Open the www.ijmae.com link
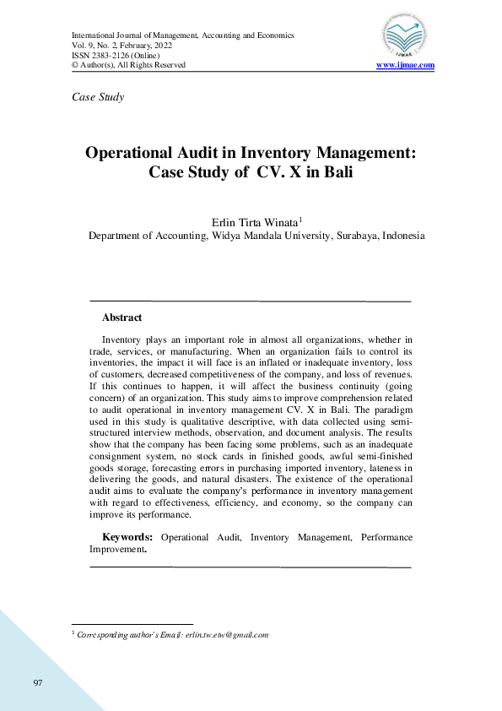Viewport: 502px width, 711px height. pyautogui.click(x=405, y=65)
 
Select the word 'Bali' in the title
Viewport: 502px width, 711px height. pyautogui.click(x=331, y=174)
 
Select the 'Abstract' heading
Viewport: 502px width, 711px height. pyautogui.click(x=121, y=318)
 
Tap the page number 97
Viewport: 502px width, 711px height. pyautogui.click(x=38, y=682)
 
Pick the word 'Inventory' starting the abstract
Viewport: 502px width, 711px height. pyautogui.click(x=127, y=339)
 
